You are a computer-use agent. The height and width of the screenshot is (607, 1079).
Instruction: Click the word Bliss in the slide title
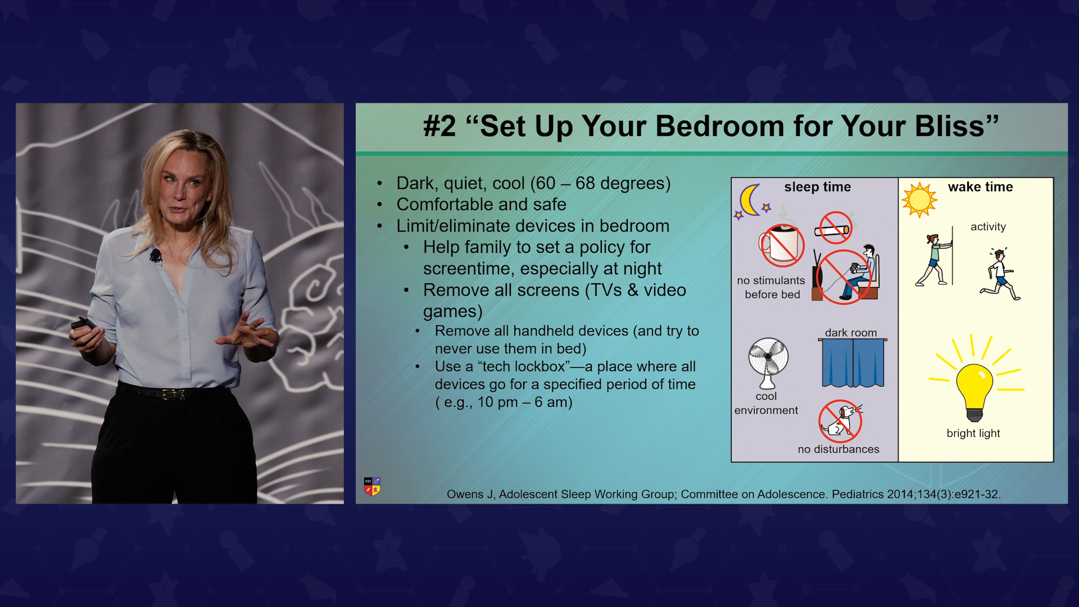pos(950,126)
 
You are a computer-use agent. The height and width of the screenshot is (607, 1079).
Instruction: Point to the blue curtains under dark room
pos(853,363)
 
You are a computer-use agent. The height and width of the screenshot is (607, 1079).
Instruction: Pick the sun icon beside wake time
pos(919,200)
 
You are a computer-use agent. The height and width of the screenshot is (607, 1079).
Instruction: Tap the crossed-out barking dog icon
pos(840,421)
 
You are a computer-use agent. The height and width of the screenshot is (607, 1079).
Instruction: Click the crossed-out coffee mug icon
pos(781,246)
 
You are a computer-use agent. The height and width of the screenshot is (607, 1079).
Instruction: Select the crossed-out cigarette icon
pos(833,228)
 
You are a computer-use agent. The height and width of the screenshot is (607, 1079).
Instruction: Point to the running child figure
pos(1000,274)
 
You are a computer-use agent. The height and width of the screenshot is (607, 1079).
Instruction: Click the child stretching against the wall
pos(935,259)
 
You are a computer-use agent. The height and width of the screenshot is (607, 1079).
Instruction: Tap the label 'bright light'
pos(973,433)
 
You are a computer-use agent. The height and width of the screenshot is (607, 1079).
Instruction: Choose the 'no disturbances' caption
pos(838,449)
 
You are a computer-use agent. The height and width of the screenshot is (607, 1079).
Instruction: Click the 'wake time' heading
pos(980,187)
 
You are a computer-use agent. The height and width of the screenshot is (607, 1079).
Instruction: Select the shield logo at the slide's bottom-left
pos(372,486)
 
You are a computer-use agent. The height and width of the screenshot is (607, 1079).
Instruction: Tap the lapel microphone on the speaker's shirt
pos(156,256)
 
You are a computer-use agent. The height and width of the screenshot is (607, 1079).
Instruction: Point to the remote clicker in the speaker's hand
pos(84,324)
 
